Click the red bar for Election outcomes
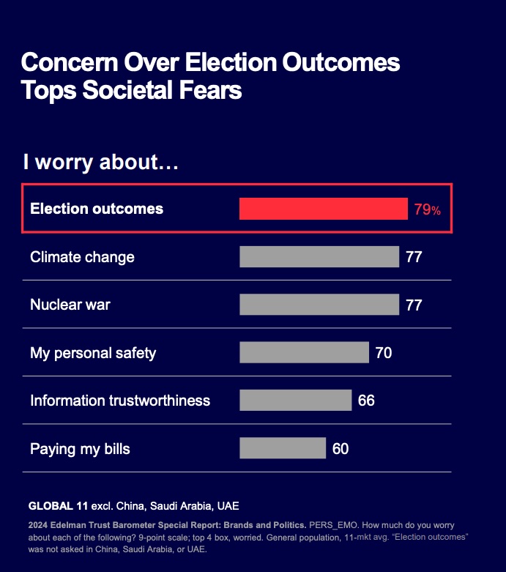pos(323,209)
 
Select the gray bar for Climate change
pos(319,257)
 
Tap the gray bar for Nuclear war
pos(319,305)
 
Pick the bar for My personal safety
pos(304,353)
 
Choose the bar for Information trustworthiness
pos(295,401)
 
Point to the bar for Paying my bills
pos(282,448)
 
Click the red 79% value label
pos(428,209)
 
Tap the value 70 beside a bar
pos(383,353)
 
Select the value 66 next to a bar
pos(366,401)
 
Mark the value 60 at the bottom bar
pos(341,448)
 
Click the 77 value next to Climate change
pos(414,257)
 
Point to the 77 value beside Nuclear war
pos(414,305)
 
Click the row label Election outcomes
pos(97,209)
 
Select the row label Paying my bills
pos(80,448)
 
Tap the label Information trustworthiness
pos(120,401)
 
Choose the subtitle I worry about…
pos(101,162)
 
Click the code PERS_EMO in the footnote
pos(333,526)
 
